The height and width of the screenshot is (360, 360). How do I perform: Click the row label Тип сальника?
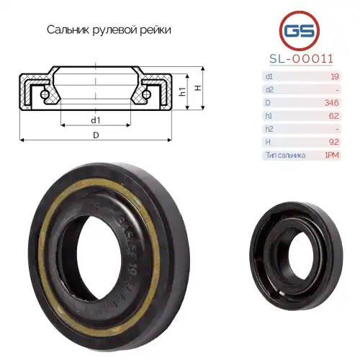285,155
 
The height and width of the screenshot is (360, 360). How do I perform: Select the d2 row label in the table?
269,89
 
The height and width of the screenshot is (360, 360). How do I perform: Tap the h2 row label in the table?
269,129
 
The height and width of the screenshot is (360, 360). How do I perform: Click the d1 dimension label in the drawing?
95,119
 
